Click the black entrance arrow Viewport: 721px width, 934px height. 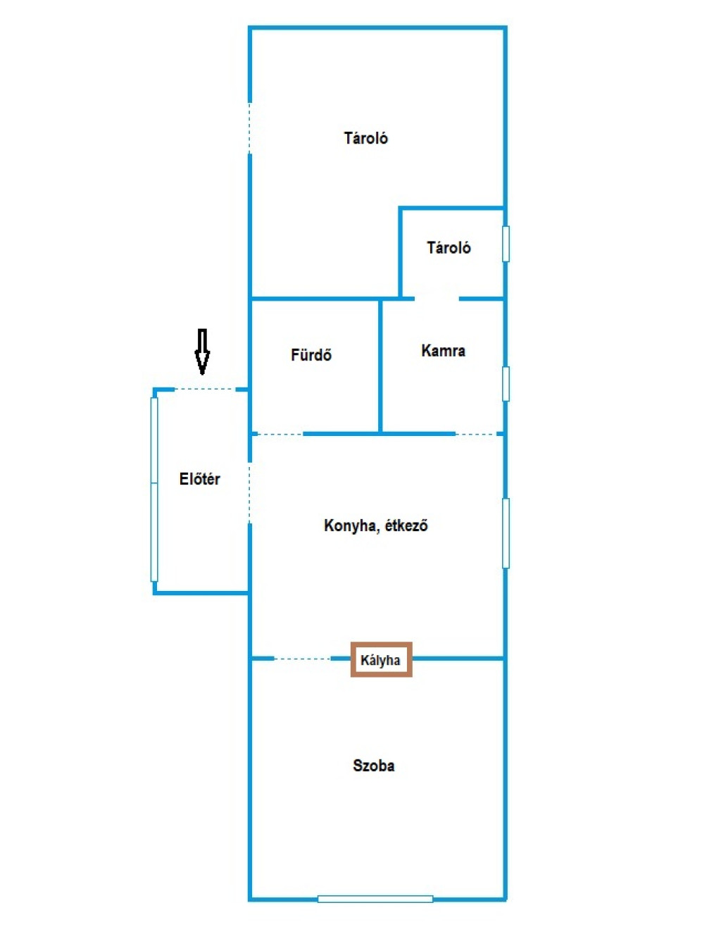click(202, 351)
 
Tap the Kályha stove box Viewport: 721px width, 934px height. click(381, 659)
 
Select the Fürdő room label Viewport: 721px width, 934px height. click(311, 354)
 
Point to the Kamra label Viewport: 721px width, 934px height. click(443, 350)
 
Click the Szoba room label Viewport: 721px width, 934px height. click(373, 766)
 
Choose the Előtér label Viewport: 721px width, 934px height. click(199, 479)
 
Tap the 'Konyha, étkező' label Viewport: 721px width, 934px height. click(375, 525)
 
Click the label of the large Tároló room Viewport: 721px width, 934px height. click(365, 138)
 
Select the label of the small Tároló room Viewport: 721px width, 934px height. click(449, 247)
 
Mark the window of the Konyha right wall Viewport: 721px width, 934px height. click(506, 533)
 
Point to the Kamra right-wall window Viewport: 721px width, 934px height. click(506, 384)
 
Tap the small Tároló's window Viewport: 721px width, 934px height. click(506, 244)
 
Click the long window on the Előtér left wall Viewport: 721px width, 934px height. click(154, 490)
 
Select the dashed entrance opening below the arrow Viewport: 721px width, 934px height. click(205, 390)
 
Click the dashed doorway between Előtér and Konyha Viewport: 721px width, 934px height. click(249, 492)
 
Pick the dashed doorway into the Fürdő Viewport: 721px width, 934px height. click(280, 434)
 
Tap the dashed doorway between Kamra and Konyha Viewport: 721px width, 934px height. click(476, 434)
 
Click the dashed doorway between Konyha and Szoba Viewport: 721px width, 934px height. click(302, 659)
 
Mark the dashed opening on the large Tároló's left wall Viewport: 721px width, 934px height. click(249, 127)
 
